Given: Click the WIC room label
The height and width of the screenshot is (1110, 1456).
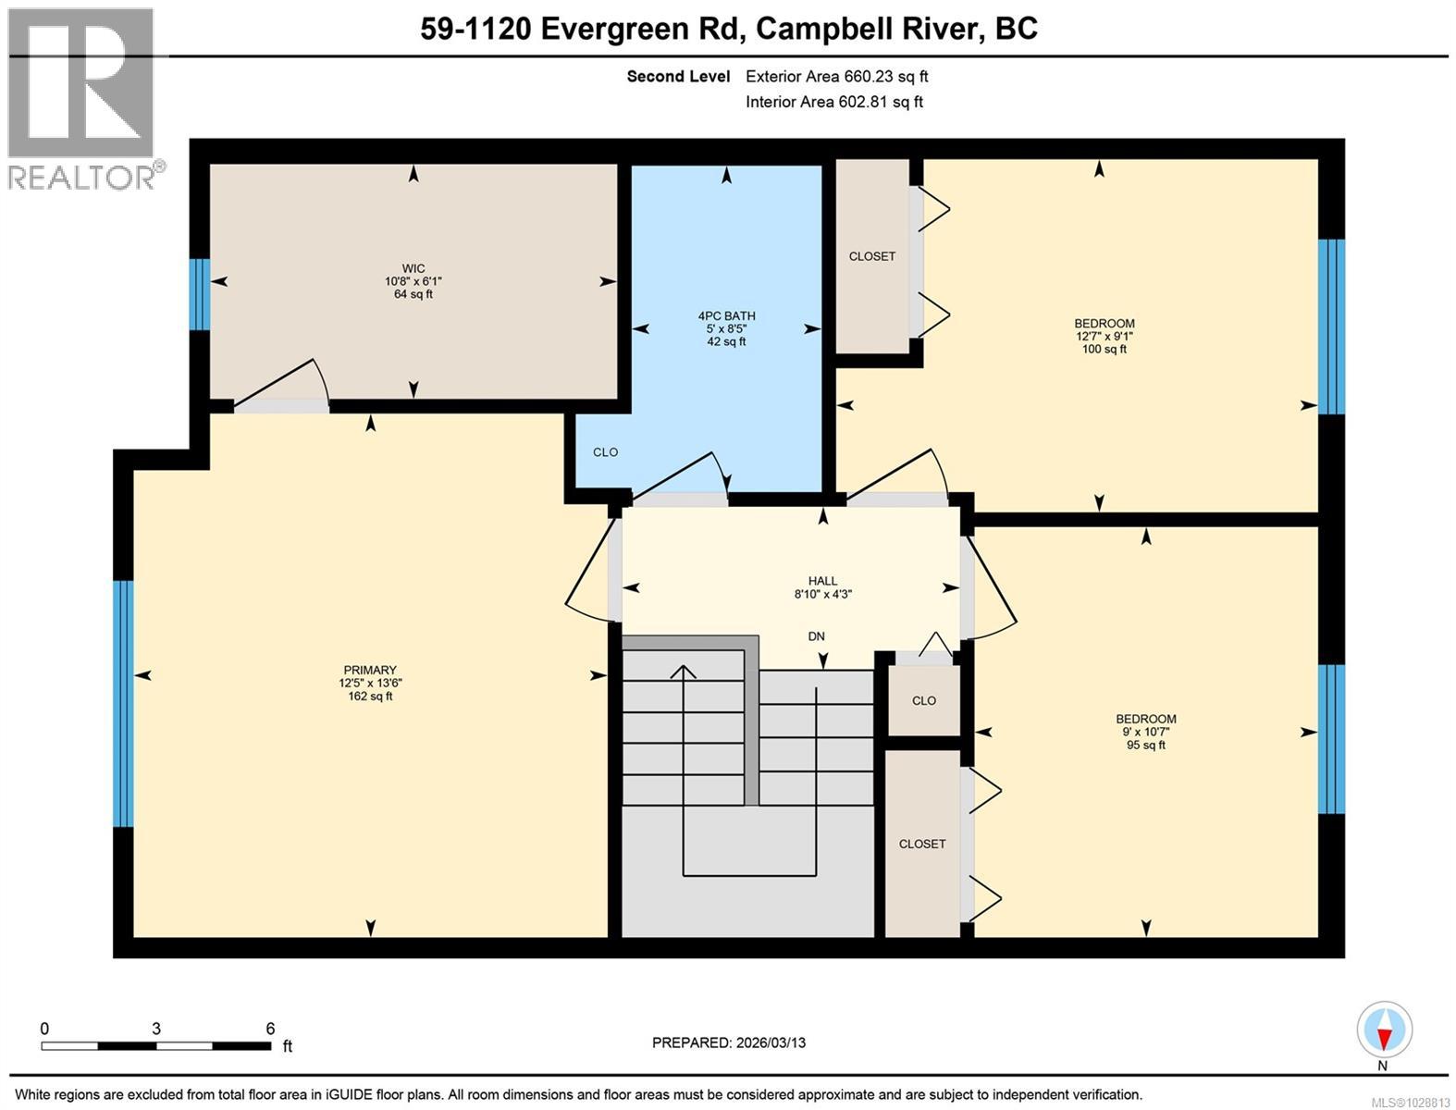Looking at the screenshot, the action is [x=413, y=268].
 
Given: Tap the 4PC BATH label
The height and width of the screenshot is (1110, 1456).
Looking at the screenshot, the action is [x=726, y=316].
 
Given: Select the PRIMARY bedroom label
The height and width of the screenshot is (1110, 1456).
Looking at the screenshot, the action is [x=370, y=671].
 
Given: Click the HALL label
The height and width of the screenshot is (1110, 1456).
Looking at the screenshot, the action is [x=822, y=581].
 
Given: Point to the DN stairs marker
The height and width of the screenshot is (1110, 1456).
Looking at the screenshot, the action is [x=817, y=636].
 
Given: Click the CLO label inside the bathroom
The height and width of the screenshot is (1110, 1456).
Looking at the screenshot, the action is [x=605, y=452].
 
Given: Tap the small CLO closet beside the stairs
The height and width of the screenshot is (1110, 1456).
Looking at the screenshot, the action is [x=924, y=700].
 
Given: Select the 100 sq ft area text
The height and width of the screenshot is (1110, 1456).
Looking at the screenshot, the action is [x=1104, y=350].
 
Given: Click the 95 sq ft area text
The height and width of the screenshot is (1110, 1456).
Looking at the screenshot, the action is [x=1145, y=745].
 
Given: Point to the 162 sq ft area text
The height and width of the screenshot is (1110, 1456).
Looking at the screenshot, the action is [x=370, y=697].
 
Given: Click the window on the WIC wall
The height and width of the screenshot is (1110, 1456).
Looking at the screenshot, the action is [x=200, y=294].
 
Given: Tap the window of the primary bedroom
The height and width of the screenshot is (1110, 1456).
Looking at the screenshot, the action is [x=123, y=704].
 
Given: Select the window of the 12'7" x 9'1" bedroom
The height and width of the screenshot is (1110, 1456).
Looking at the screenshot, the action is [x=1331, y=327].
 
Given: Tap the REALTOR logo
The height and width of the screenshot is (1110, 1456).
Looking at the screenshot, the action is [x=84, y=100].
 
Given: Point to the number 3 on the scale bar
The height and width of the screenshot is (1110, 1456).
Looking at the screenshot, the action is [x=156, y=1029].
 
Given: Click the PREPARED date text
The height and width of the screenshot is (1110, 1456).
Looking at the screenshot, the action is [x=729, y=1043].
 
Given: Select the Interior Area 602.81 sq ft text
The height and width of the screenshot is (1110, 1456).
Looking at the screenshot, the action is [x=834, y=102].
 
